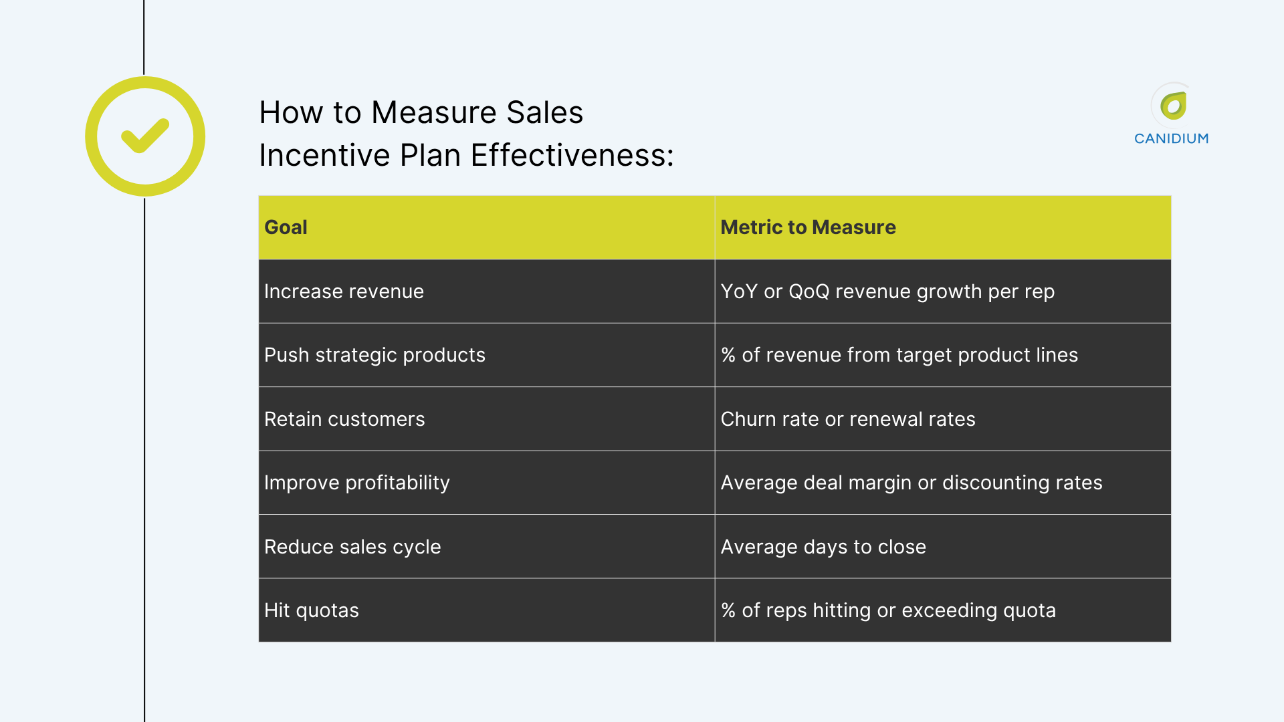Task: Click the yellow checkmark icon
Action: pos(145,136)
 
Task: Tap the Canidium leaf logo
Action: pos(1173,106)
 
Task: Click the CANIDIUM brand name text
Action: pos(1171,138)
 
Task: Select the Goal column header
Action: pos(286,227)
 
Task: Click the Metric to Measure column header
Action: pos(808,227)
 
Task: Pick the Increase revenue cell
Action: pos(344,291)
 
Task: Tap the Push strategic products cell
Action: pos(374,355)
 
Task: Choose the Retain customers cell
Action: pos(344,419)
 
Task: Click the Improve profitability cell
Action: pos(356,483)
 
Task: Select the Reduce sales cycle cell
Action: pos(352,547)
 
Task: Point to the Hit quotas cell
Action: pos(311,610)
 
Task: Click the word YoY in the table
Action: pos(739,291)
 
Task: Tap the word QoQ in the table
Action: pos(809,291)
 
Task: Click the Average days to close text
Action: pos(823,547)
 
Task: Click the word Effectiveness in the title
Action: pos(572,155)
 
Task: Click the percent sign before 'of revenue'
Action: pos(728,355)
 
